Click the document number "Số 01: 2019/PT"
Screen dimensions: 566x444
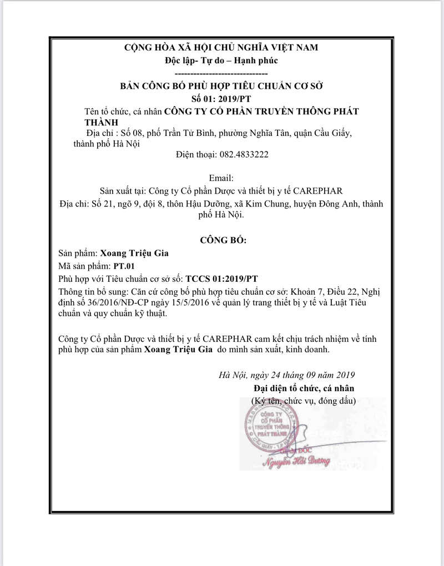click(x=221, y=98)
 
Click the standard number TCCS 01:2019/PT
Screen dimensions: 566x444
click(x=222, y=278)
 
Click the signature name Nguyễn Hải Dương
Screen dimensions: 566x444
click(x=297, y=461)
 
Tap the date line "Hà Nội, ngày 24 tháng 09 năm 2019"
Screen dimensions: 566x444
click(x=286, y=375)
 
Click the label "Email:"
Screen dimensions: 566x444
click(x=221, y=179)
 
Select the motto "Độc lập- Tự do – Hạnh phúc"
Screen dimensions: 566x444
click(x=221, y=60)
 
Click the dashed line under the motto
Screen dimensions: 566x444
click(x=221, y=73)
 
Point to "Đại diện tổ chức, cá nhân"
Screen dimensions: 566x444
click(x=304, y=388)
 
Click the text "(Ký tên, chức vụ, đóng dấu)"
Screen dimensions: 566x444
click(x=304, y=400)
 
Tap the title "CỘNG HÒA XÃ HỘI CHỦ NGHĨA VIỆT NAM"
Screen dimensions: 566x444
click(x=221, y=48)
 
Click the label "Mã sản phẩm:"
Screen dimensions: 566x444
click(x=84, y=266)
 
